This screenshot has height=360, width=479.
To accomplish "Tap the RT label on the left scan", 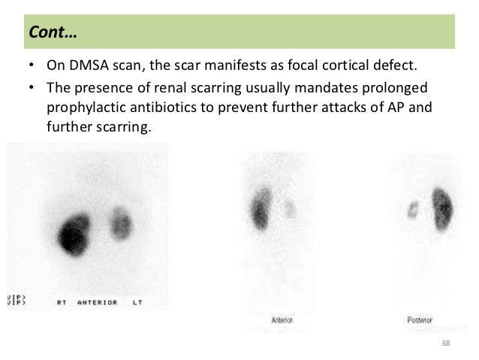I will tap(64, 302).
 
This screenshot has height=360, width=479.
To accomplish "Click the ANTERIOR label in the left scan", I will tap(98, 302).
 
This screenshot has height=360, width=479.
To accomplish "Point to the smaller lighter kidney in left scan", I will tap(120, 223).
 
